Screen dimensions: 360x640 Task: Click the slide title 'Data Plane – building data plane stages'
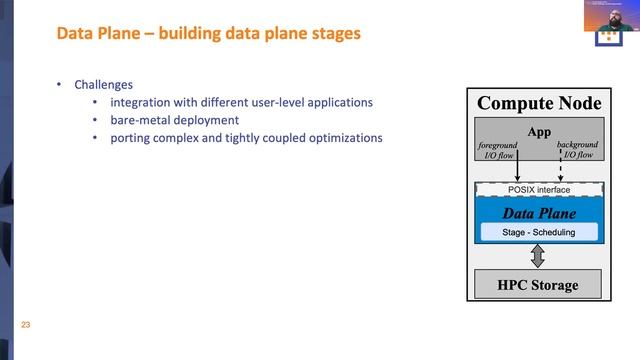pos(208,34)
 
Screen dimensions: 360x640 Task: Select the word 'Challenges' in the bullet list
pos(103,85)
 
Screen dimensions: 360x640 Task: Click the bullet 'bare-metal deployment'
pos(174,120)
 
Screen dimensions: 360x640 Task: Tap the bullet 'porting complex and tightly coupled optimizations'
pos(246,138)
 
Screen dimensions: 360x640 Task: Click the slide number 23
pos(27,324)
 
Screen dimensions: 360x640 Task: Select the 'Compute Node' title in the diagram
pos(539,104)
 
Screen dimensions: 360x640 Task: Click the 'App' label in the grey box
pos(539,132)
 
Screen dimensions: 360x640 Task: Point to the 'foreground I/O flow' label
pos(497,150)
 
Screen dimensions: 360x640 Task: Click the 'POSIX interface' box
pos(539,189)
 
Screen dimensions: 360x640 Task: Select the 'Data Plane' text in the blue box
pos(539,213)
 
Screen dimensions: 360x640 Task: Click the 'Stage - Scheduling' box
pos(539,232)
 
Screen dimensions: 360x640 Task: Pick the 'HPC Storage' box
pos(539,285)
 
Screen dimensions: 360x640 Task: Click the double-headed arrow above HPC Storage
pos(538,257)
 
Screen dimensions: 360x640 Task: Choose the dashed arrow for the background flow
pos(560,170)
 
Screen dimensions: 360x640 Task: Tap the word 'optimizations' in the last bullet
pos(345,138)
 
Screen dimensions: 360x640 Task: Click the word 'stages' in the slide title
pos(337,34)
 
